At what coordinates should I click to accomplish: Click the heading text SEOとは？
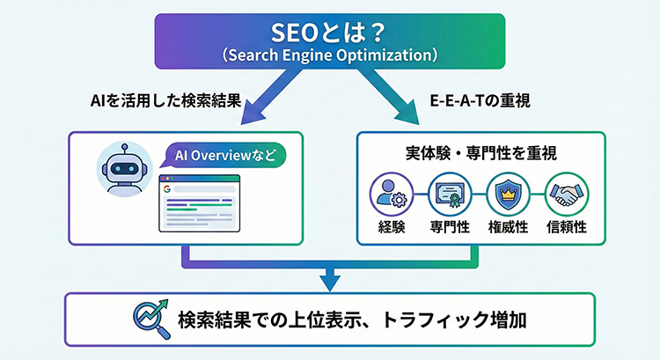tap(330, 33)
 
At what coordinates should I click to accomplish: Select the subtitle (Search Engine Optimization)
tap(330, 55)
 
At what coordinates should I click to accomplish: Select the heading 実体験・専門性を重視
tap(481, 152)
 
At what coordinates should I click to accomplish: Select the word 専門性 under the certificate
tap(447, 225)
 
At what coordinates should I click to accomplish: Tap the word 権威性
tap(508, 225)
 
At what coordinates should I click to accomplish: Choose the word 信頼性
tap(568, 225)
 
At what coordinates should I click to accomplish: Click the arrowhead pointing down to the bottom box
tap(329, 283)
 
